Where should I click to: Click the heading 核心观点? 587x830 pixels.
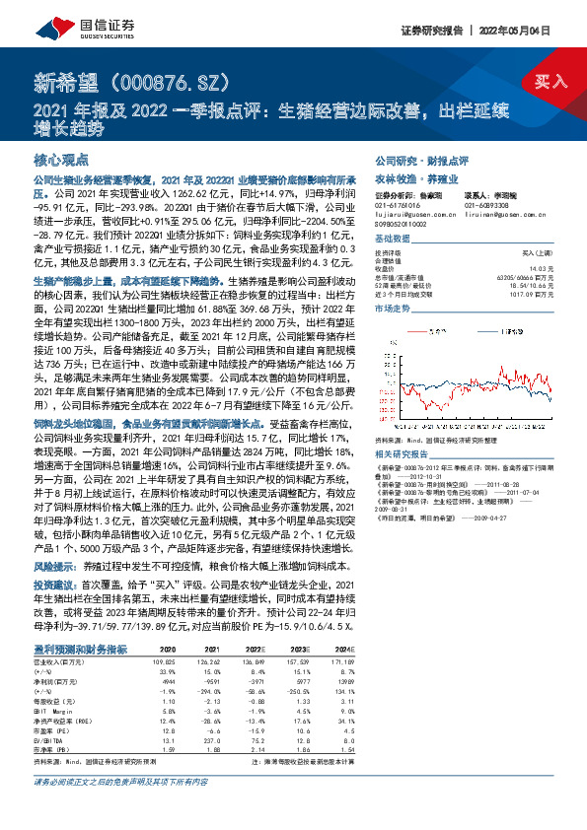(61, 159)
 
